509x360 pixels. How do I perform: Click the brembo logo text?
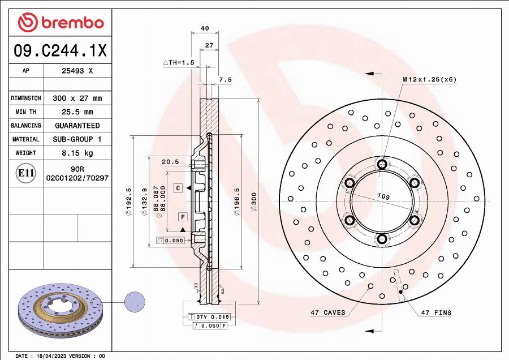pyautogui.click(x=71, y=23)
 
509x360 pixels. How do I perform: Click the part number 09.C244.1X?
pyautogui.click(x=60, y=51)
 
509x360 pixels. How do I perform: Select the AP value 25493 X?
pyautogui.click(x=77, y=71)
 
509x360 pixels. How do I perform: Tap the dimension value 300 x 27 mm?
pyautogui.click(x=77, y=98)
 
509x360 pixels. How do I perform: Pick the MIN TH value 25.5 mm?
pyautogui.click(x=77, y=112)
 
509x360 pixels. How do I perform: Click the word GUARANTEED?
pyautogui.click(x=77, y=126)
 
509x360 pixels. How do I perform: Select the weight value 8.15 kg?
pyautogui.click(x=77, y=153)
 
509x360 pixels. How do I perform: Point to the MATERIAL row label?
pyautogui.click(x=26, y=139)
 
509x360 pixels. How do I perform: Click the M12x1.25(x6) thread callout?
pyautogui.click(x=429, y=79)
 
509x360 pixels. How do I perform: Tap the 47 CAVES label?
pyautogui.click(x=327, y=312)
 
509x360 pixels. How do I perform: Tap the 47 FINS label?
pyautogui.click(x=435, y=312)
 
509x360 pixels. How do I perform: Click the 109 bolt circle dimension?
pyautogui.click(x=383, y=196)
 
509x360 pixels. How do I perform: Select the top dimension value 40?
pyautogui.click(x=205, y=28)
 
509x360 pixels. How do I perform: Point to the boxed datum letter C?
pyautogui.click(x=178, y=187)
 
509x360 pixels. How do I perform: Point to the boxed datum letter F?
pyautogui.click(x=183, y=217)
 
